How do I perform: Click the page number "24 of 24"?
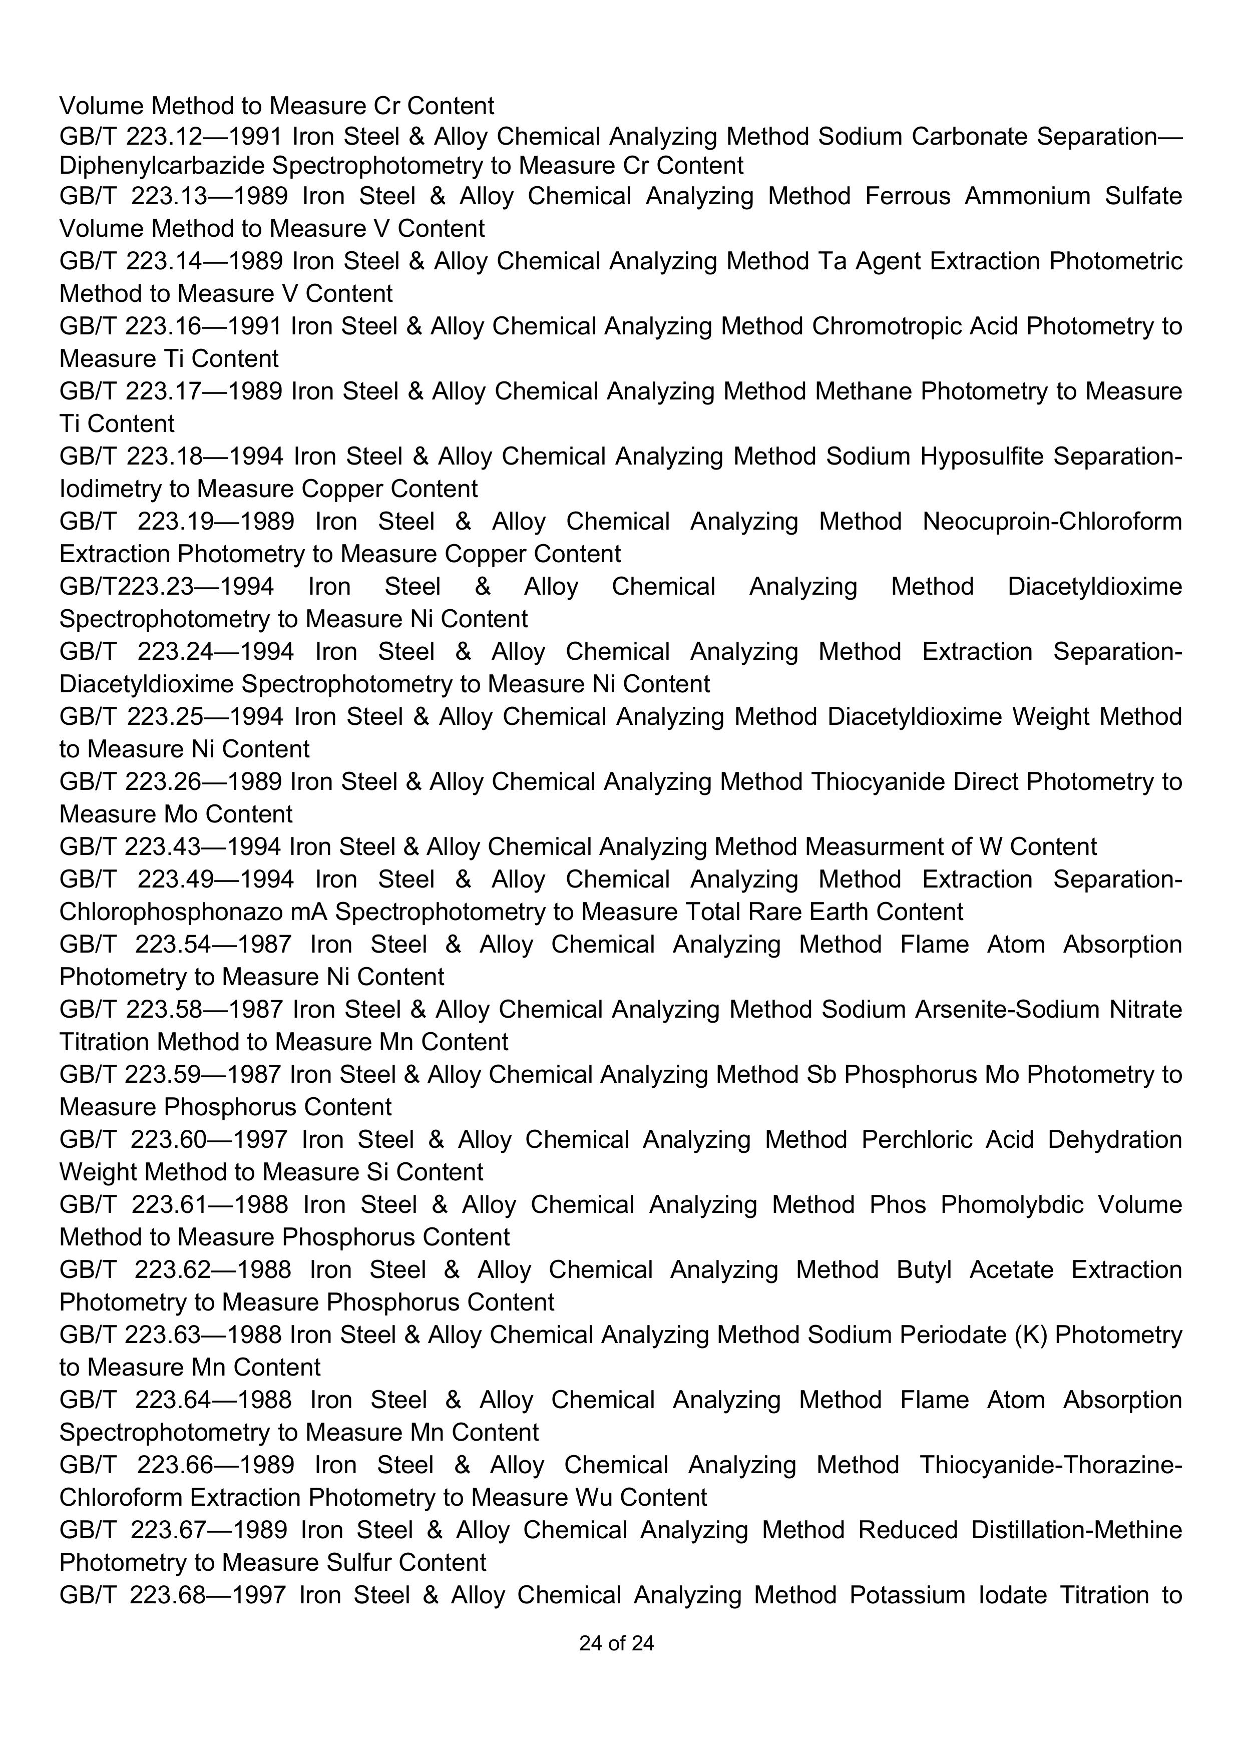(616, 1643)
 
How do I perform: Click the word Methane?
(864, 391)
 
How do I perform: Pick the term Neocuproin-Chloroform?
(1052, 522)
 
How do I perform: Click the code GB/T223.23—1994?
(166, 587)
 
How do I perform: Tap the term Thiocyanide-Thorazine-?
(1051, 1465)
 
